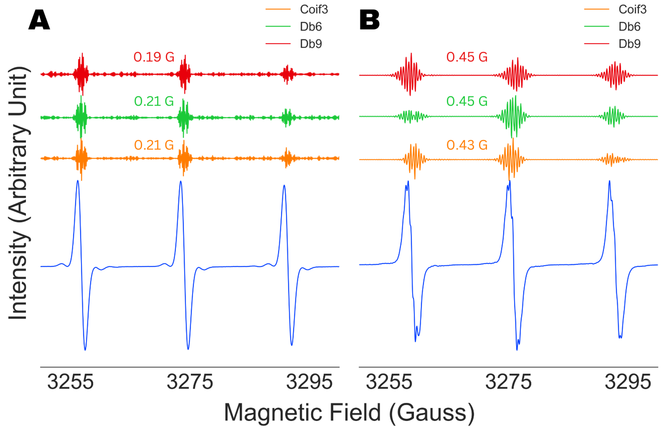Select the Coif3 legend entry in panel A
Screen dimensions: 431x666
313,9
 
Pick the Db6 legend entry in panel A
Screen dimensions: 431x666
311,27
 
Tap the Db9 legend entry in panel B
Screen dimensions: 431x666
629,44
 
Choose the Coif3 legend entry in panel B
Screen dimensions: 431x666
632,9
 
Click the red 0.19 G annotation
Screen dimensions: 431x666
154,57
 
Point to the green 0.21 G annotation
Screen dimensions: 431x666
154,101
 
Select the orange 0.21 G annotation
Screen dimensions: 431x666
154,145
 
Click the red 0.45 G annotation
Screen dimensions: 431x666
467,57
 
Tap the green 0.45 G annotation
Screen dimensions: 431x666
467,101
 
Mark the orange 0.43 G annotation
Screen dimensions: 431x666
467,145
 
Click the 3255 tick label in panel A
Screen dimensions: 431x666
70,382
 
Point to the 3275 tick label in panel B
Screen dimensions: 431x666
508,382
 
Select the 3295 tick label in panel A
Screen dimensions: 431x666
309,382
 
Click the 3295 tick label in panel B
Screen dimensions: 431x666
628,382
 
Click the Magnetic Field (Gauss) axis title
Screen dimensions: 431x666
349,413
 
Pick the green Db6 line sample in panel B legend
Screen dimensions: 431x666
596,27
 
